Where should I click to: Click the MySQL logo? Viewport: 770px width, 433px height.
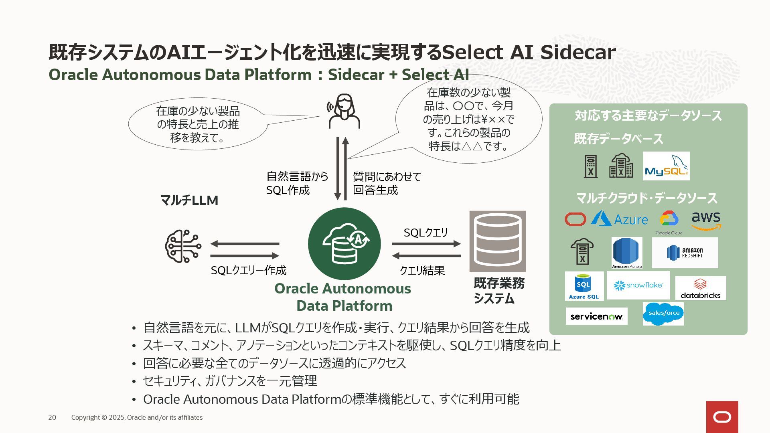pyautogui.click(x=666, y=166)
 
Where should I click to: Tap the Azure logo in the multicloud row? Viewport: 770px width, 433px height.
pyautogui.click(x=619, y=219)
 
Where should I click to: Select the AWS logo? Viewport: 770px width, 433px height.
pyautogui.click(x=706, y=221)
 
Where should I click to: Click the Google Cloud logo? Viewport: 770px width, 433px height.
pyautogui.click(x=669, y=222)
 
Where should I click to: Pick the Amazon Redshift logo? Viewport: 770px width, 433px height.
pyautogui.click(x=685, y=253)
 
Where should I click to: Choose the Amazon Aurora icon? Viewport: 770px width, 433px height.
pyautogui.click(x=627, y=253)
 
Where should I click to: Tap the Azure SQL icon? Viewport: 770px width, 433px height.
pyautogui.click(x=584, y=286)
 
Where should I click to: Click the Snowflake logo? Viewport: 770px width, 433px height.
pyautogui.click(x=638, y=285)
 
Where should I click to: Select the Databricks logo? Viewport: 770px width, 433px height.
pyautogui.click(x=700, y=289)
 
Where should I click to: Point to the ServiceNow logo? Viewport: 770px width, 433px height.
pyautogui.click(x=596, y=316)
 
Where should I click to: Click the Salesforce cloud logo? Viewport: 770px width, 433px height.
pyautogui.click(x=663, y=314)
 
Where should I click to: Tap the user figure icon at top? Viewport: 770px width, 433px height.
pyautogui.click(x=344, y=111)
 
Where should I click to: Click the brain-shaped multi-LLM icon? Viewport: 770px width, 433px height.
pyautogui.click(x=183, y=246)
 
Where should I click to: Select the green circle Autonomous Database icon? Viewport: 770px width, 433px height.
pyautogui.click(x=344, y=244)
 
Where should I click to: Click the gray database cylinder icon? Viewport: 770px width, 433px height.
pyautogui.click(x=497, y=241)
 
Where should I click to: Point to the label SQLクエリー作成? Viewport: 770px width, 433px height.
pyautogui.click(x=249, y=271)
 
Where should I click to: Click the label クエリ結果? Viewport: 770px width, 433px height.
pyautogui.click(x=422, y=271)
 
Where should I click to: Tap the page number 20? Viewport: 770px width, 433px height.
pyautogui.click(x=52, y=417)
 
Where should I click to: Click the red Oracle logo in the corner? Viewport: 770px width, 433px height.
pyautogui.click(x=722, y=417)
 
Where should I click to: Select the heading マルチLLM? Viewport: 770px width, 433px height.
pyautogui.click(x=189, y=200)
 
